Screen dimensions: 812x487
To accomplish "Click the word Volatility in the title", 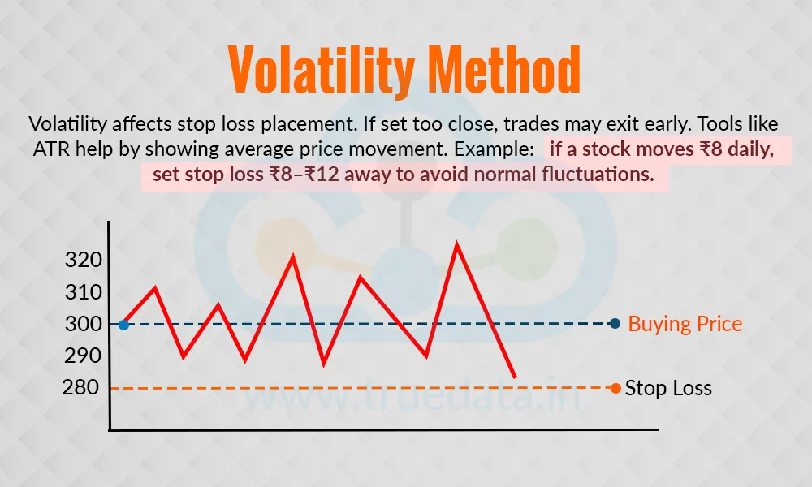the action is (322, 69).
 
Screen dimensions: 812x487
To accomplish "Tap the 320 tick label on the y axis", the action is (84, 260).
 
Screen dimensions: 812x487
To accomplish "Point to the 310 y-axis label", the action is (84, 292).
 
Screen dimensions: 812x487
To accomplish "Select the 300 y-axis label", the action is (84, 325).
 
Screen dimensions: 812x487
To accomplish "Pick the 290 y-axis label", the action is (84, 356).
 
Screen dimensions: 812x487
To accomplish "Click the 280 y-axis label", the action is (80, 388).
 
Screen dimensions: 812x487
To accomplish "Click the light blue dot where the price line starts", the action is (123, 325).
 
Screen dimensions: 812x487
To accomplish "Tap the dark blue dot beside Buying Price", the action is (615, 324).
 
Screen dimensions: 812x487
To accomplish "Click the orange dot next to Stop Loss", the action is (615, 388).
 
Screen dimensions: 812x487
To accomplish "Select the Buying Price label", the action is (685, 324).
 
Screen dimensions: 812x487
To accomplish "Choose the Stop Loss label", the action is (668, 388).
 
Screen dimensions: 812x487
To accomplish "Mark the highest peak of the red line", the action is (456, 243).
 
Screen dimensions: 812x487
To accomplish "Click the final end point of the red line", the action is (515, 377).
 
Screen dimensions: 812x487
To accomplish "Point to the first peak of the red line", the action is (155, 288).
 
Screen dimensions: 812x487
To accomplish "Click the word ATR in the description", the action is (52, 149).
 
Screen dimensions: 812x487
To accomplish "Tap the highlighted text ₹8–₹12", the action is (304, 175).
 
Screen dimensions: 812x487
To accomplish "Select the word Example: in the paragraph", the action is (494, 149).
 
